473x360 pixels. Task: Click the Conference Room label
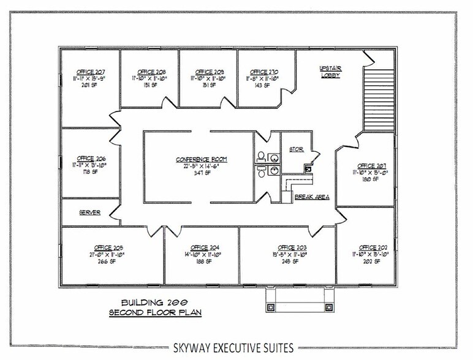(x=202, y=159)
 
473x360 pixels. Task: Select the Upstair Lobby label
(x=330, y=71)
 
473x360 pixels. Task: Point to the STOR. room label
(x=296, y=148)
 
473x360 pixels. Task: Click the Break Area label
(x=312, y=197)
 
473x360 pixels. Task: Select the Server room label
(x=89, y=213)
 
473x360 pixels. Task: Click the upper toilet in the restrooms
(x=261, y=156)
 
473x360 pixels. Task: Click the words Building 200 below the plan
(x=151, y=302)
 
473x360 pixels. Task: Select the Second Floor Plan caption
(x=151, y=312)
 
